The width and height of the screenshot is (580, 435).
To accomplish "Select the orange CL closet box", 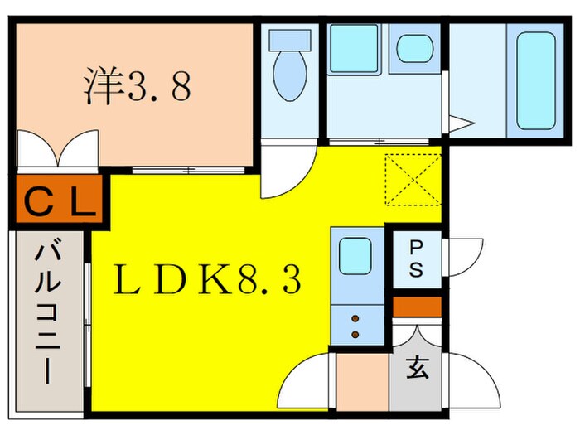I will point(57,200).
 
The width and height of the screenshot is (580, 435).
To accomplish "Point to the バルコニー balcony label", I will point(45,312).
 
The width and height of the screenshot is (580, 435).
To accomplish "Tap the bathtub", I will point(535,82).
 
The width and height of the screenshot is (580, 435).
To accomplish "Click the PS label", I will point(415,259).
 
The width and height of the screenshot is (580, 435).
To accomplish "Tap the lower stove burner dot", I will point(355,334).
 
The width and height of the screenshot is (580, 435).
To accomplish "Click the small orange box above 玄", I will point(415,307).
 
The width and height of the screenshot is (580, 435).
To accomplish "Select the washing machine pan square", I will point(354,48).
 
